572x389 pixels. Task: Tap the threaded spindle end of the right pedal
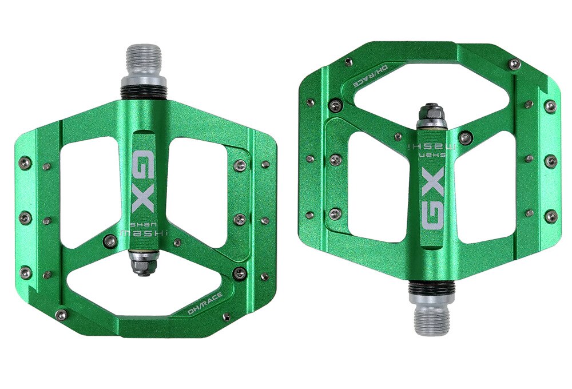point(432,318)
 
